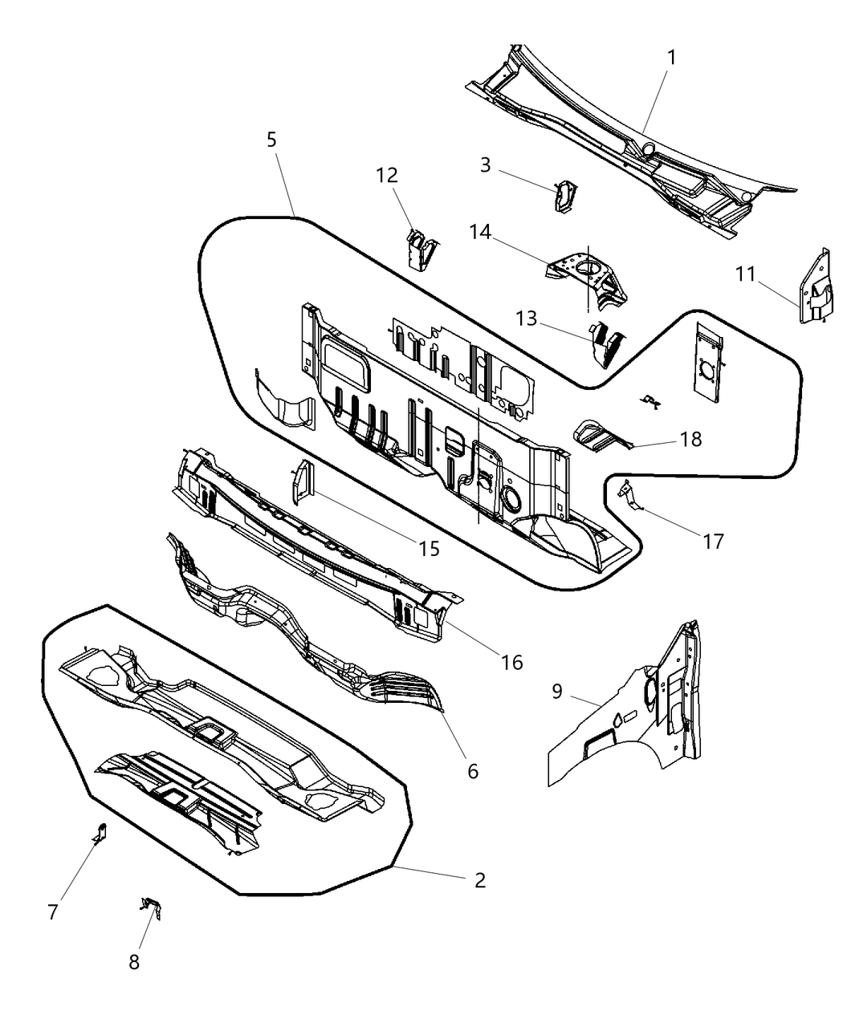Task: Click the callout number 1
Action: [671, 58]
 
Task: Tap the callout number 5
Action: [271, 140]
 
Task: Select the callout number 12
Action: [386, 174]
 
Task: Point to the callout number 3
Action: [485, 164]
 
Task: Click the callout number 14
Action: [480, 232]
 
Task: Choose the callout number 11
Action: [745, 274]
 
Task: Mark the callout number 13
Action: [526, 319]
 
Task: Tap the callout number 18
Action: [690, 439]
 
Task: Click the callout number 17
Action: [713, 542]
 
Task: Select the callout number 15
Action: [430, 548]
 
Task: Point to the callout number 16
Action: [511, 662]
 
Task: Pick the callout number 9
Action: [557, 691]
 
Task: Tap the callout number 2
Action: [479, 880]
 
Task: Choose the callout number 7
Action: [53, 911]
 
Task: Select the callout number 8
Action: [134, 961]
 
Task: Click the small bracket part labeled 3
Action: [565, 197]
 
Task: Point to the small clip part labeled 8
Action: [152, 907]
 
